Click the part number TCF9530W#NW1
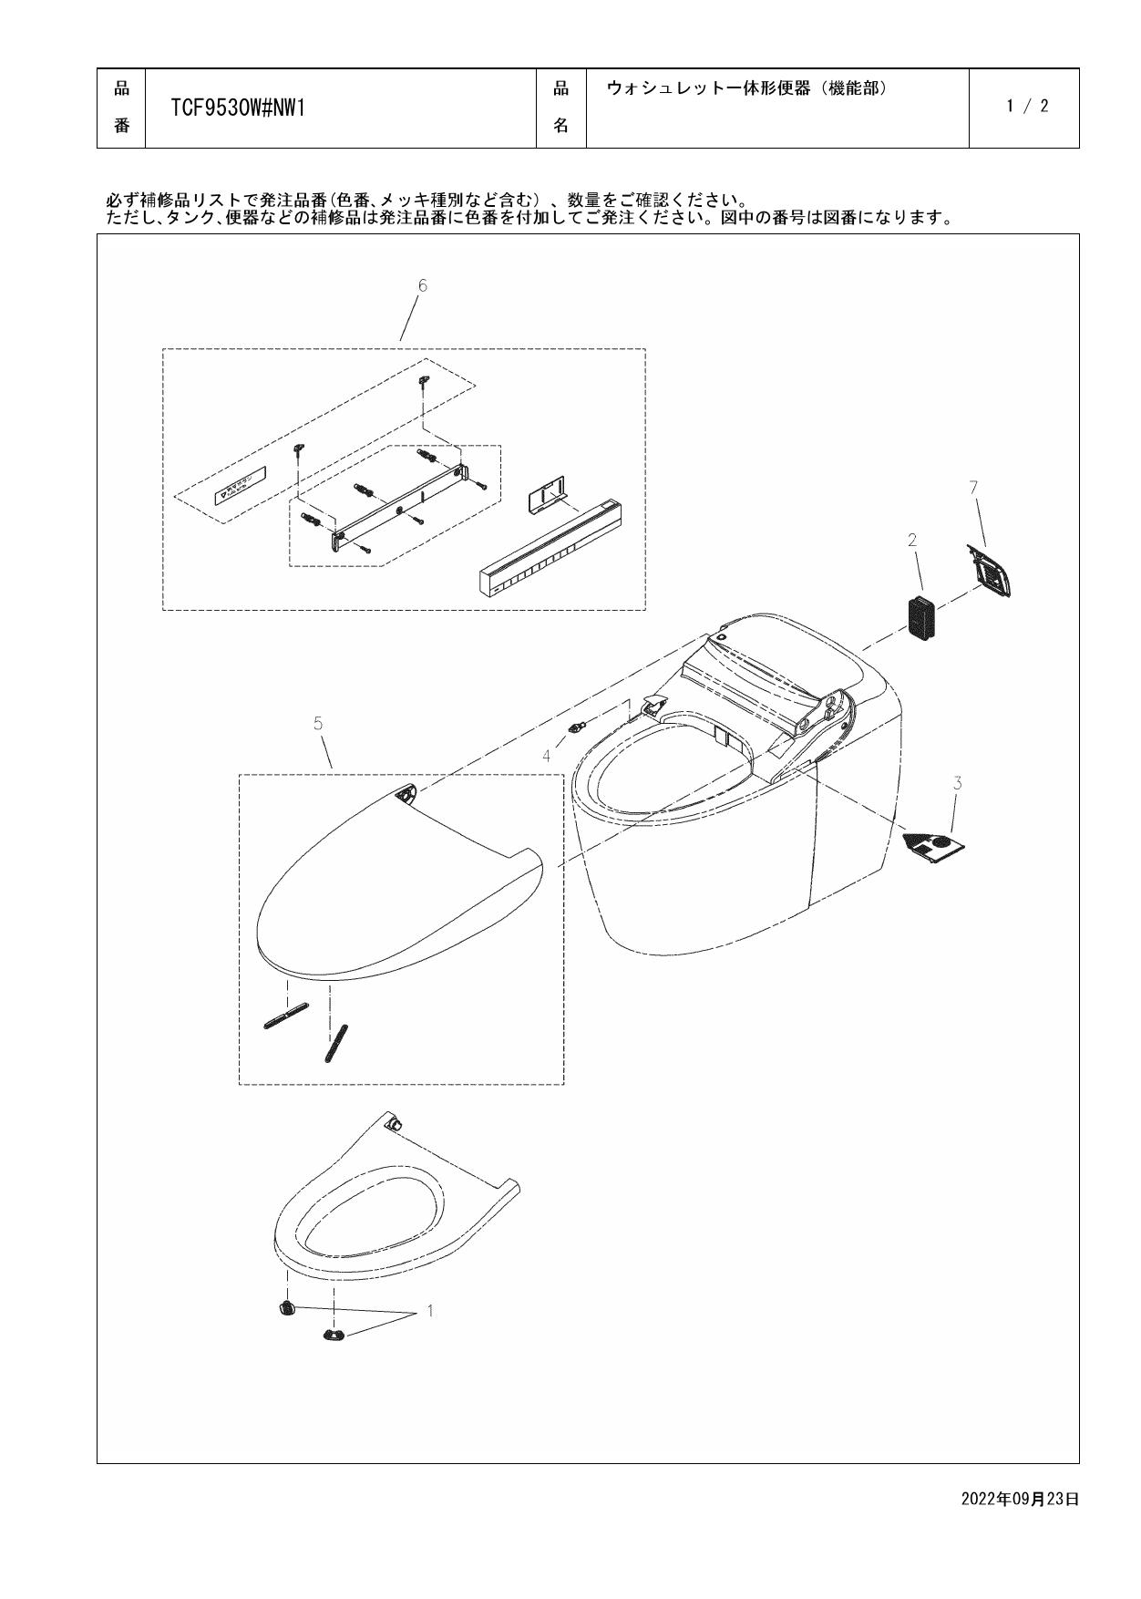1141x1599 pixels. point(237,108)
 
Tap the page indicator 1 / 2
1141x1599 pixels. point(1027,106)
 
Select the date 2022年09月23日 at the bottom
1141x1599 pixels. point(1020,1499)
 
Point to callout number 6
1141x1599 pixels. point(422,285)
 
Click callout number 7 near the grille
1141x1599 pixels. point(973,488)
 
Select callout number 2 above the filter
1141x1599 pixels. point(912,540)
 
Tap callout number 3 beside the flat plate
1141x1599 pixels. point(957,782)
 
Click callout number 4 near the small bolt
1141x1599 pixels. point(547,756)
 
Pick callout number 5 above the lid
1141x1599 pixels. point(317,723)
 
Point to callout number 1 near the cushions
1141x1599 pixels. point(430,1311)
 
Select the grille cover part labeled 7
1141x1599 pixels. point(990,571)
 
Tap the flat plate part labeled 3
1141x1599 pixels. point(933,846)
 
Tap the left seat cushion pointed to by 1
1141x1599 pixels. point(285,1309)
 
